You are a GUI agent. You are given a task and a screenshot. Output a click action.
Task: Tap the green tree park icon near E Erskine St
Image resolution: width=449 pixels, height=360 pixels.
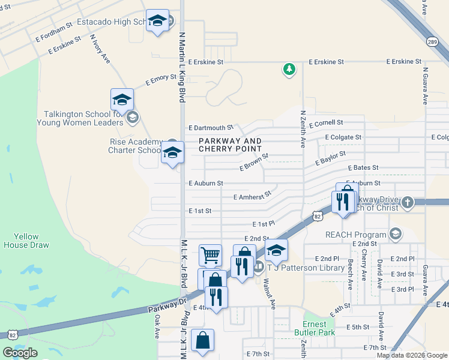click(x=289, y=70)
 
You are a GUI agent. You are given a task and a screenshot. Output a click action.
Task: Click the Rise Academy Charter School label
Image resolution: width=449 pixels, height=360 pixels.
click(x=134, y=146)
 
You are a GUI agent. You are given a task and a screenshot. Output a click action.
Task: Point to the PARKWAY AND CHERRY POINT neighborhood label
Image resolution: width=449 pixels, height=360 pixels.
click(x=231, y=145)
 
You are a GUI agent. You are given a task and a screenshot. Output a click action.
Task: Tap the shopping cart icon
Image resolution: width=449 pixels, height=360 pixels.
click(x=210, y=255)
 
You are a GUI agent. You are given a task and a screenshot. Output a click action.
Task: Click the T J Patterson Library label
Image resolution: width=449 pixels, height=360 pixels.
click(x=306, y=268)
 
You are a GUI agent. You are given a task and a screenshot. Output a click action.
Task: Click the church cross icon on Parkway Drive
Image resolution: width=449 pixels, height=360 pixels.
click(x=408, y=202)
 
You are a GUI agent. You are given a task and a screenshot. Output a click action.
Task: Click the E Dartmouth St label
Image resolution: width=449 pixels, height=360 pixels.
click(x=210, y=128)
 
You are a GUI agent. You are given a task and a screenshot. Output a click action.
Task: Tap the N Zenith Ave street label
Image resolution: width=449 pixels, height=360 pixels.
click(x=304, y=129)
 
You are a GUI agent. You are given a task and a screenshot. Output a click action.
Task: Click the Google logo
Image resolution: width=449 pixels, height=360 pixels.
click(x=20, y=353)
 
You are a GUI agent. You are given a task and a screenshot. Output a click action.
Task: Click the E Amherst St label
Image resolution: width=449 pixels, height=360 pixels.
click(x=252, y=196)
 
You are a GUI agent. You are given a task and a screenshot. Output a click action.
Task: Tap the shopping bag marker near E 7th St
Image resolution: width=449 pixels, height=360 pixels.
click(x=203, y=340)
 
